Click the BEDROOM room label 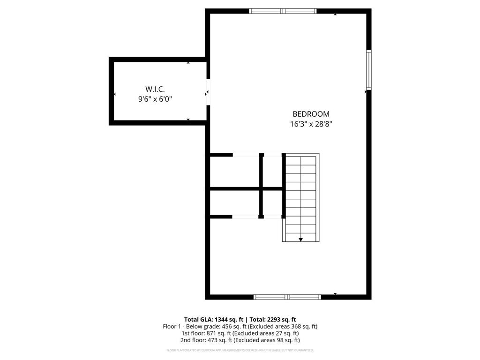click(x=311, y=114)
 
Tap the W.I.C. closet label click(x=155, y=89)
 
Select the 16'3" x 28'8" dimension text click(x=311, y=124)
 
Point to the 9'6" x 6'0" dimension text click(x=155, y=99)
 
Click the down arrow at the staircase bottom click(x=300, y=239)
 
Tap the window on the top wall click(x=283, y=11)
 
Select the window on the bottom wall click(x=287, y=297)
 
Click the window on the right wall click(x=369, y=70)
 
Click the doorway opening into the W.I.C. click(x=208, y=92)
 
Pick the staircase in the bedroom click(x=300, y=197)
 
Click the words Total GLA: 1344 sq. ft click(x=214, y=319)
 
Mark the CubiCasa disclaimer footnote click(x=240, y=350)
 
